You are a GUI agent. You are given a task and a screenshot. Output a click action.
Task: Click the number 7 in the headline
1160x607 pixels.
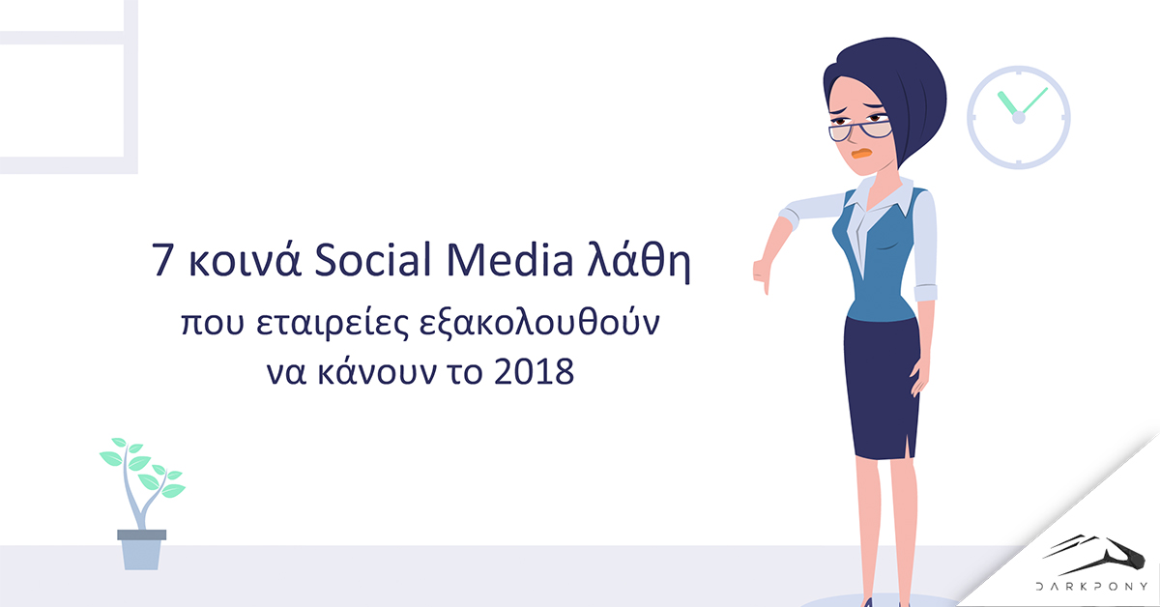click(x=161, y=260)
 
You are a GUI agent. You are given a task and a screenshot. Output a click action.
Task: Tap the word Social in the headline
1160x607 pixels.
click(x=373, y=259)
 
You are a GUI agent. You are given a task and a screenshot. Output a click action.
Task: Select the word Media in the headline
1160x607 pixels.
click(x=509, y=259)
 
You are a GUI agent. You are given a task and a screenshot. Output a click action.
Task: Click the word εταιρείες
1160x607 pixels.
click(x=333, y=324)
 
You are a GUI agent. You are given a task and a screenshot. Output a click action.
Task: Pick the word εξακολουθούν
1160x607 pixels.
click(x=539, y=324)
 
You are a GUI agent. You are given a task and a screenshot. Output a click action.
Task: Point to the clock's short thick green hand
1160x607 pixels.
click(x=1007, y=103)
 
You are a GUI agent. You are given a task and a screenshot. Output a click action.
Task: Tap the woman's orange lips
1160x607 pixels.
click(x=861, y=154)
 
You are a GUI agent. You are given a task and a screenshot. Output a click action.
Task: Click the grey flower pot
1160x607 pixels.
click(x=141, y=550)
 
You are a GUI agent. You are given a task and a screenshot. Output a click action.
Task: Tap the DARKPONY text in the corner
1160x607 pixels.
click(x=1091, y=587)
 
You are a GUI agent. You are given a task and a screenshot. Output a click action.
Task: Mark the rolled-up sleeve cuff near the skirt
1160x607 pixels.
click(x=925, y=293)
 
